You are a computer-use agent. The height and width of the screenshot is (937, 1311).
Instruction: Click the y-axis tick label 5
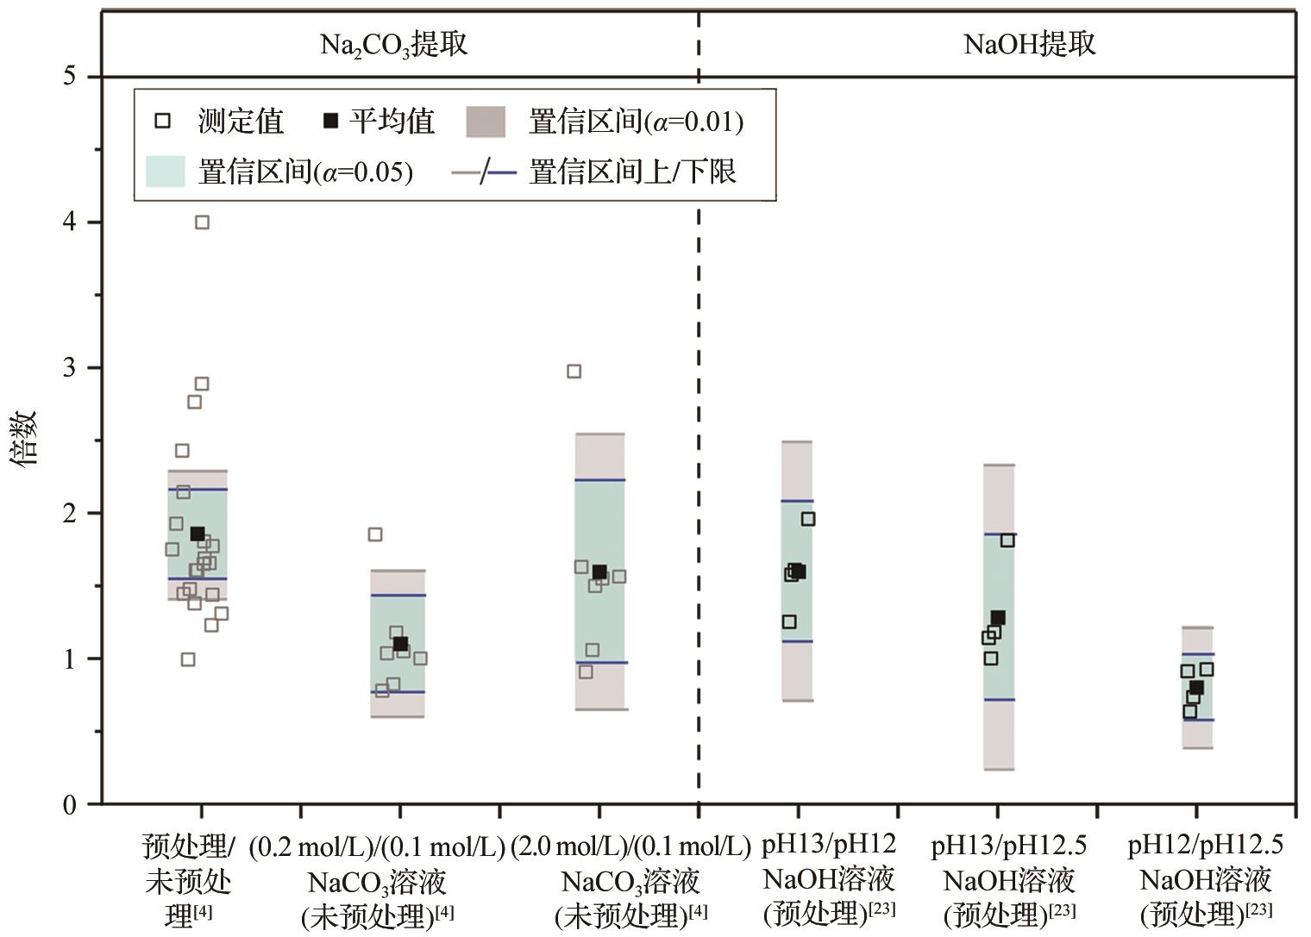click(69, 77)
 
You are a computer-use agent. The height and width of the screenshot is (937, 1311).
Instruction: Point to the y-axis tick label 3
click(69, 368)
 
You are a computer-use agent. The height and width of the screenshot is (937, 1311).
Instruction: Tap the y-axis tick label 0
click(69, 804)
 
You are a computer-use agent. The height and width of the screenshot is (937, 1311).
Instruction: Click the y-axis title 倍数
click(25, 438)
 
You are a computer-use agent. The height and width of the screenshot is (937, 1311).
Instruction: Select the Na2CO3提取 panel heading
click(393, 44)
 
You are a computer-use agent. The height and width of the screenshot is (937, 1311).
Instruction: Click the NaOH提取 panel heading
click(1029, 44)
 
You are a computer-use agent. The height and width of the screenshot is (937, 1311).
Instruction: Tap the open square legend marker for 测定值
click(162, 121)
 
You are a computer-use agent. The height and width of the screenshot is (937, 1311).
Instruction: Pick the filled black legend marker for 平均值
click(330, 121)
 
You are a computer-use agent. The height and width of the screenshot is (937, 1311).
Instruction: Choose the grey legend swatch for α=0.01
click(486, 122)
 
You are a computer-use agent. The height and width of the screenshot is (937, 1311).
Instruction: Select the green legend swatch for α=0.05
click(166, 172)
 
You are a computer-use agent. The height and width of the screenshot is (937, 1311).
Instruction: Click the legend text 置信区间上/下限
click(632, 172)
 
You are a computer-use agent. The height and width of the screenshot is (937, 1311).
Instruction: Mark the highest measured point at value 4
click(202, 222)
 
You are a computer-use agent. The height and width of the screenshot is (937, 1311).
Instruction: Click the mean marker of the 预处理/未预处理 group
click(198, 534)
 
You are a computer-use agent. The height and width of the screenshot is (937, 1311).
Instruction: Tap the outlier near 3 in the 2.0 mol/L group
click(574, 372)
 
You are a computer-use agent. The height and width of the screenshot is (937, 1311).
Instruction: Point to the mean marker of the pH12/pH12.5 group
click(1196, 687)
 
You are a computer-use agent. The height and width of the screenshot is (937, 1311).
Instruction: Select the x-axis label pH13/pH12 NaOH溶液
click(829, 878)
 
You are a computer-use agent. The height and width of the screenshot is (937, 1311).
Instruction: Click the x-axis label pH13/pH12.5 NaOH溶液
click(1008, 878)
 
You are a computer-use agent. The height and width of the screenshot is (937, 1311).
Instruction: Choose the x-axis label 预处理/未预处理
click(188, 880)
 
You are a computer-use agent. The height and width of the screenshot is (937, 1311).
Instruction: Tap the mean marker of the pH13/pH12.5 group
click(998, 618)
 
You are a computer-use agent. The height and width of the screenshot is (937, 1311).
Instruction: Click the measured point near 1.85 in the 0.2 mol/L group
click(375, 534)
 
